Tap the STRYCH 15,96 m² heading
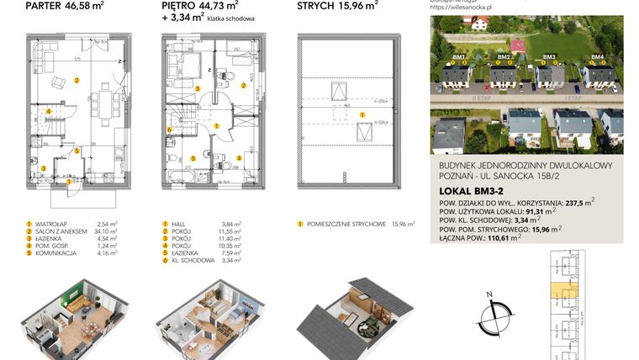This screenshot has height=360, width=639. click(x=337, y=7)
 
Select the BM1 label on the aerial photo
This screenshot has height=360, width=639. click(x=458, y=57)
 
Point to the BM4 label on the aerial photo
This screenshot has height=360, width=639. click(x=597, y=57)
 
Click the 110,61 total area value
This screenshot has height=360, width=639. click(x=506, y=239)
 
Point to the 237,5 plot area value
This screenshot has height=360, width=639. click(x=577, y=203)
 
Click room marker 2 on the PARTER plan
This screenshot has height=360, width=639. click(x=77, y=81)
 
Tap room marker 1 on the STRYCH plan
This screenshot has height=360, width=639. click(x=362, y=112)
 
